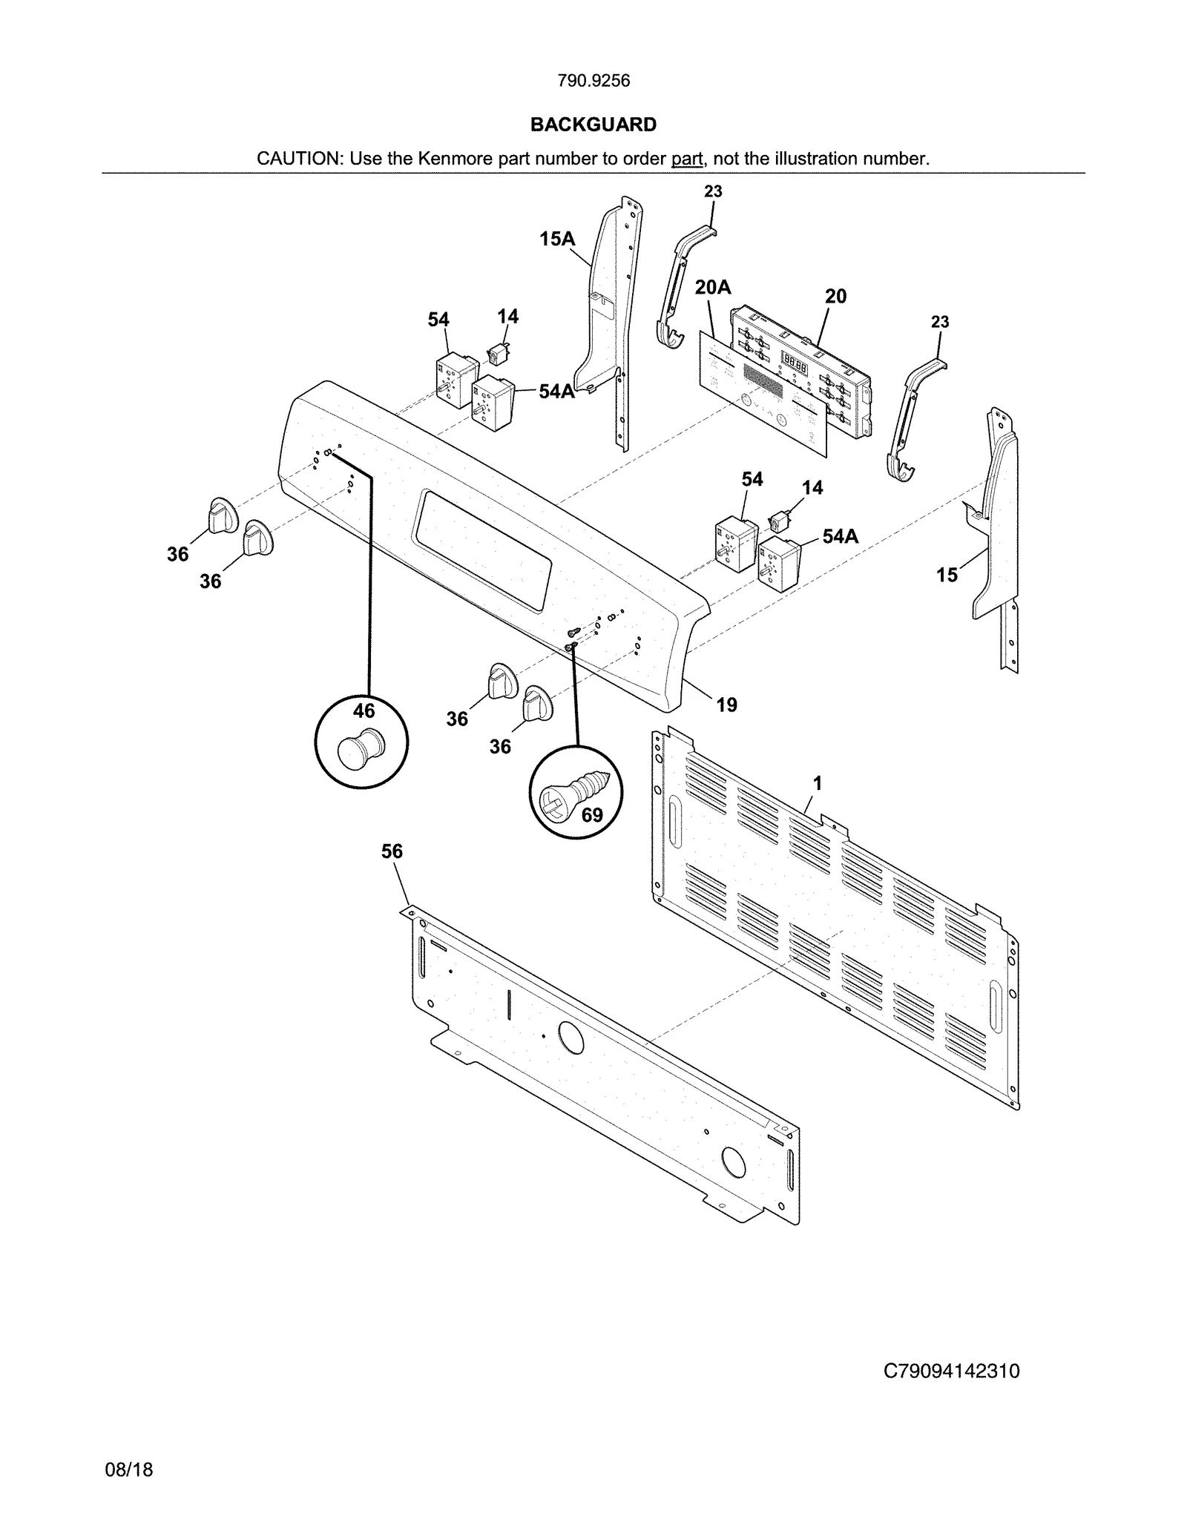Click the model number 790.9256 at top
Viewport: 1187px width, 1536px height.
(x=593, y=81)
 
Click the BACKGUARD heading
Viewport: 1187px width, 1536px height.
(x=593, y=125)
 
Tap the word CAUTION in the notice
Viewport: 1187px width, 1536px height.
(x=298, y=159)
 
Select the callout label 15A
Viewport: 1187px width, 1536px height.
(x=557, y=239)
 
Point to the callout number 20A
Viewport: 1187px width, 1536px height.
(x=712, y=288)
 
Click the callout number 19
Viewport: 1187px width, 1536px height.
(x=726, y=705)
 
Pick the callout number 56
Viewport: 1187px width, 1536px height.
(x=392, y=851)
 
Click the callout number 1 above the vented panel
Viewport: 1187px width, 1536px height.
(x=817, y=783)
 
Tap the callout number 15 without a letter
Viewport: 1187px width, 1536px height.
(x=947, y=575)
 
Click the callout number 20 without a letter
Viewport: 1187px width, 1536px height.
(x=835, y=297)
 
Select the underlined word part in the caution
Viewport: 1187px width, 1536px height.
(x=686, y=159)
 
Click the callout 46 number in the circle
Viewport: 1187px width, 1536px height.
(x=364, y=711)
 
